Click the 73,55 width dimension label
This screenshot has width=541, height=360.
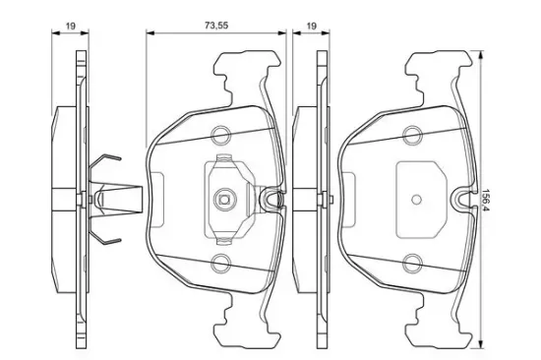pos(216,26)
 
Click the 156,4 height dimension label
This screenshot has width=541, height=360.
pos(487,200)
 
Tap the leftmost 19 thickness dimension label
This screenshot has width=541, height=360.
pos(71,26)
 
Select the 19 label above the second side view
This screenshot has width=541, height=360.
pos(311,26)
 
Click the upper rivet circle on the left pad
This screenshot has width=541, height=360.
pos(220,135)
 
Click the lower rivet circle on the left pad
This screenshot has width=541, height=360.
pos(220,264)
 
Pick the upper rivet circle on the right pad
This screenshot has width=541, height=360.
pos(413,135)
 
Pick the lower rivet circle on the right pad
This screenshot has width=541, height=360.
pos(413,264)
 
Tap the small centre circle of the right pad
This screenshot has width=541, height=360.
pos(417,199)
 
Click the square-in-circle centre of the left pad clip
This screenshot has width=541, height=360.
pos(223,199)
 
